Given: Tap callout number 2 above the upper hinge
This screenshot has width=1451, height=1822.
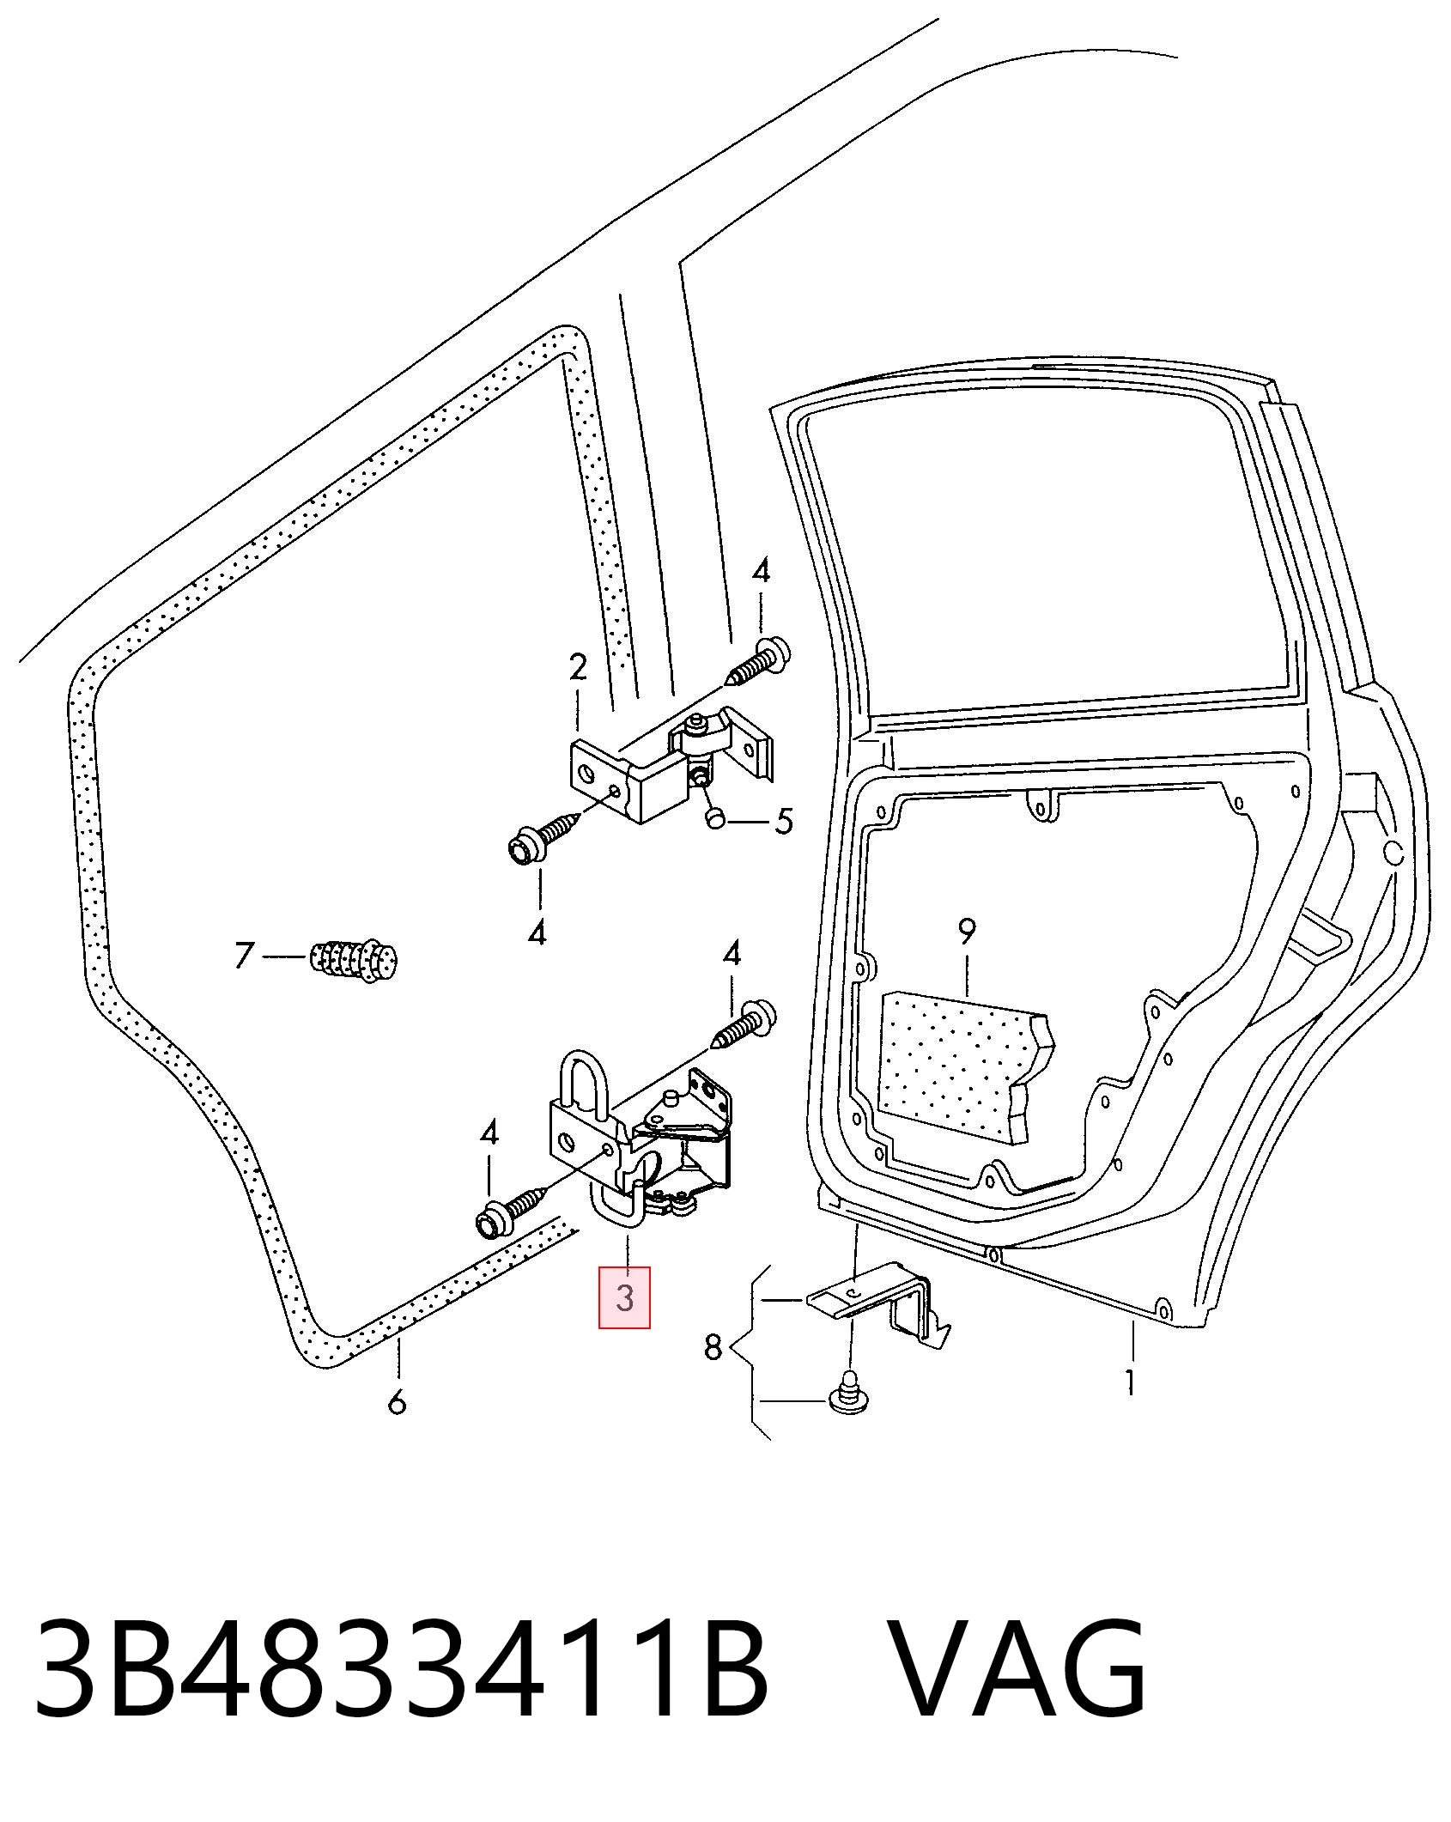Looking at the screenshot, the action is pyautogui.click(x=578, y=667).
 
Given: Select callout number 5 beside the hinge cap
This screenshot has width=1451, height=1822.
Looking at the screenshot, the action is pyautogui.click(x=784, y=821).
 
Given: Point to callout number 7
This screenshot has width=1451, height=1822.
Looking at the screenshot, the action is pyautogui.click(x=245, y=955).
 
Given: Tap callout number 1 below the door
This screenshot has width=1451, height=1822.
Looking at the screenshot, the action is pyautogui.click(x=1131, y=1382).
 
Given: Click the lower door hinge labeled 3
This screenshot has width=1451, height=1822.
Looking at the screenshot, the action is pyautogui.click(x=640, y=1137).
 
